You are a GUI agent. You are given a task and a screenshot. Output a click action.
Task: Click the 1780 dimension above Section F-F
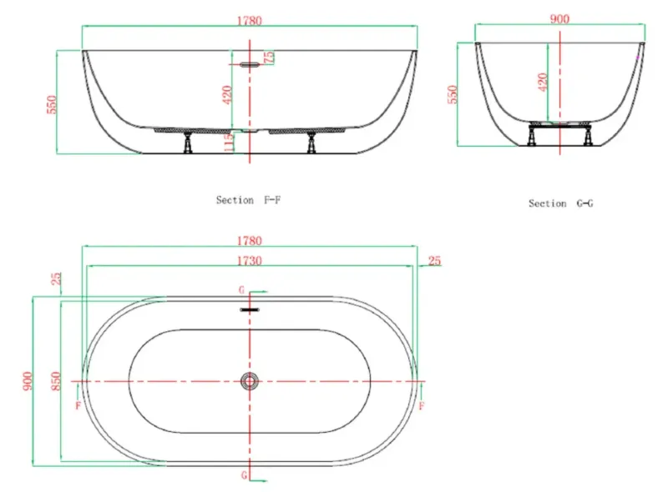pos(249,20)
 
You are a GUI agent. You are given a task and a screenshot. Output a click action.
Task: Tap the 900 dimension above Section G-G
pos(559,18)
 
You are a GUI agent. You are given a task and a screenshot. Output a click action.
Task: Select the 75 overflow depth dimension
pos(269,58)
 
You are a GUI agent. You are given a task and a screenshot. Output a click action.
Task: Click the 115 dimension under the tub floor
pos(229,142)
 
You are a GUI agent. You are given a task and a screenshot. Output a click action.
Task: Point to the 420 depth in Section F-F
pos(227,94)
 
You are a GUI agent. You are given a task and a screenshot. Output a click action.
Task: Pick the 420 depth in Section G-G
pos(542,82)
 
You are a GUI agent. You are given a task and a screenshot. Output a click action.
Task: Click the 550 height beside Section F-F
pos(51,105)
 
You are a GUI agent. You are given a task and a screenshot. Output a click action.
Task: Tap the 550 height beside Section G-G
pos(452,94)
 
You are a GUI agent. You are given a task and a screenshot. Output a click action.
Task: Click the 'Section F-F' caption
pos(248,200)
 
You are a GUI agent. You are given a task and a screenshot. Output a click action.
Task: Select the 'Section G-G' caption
pos(560,203)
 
